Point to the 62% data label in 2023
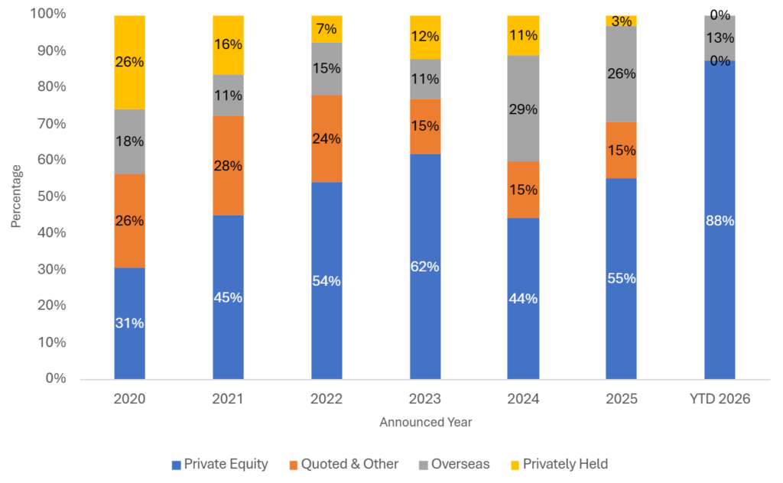[x=424, y=267]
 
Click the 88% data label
[x=720, y=221]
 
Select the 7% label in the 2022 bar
[x=327, y=29]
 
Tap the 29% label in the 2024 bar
[x=523, y=110]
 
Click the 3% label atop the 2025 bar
[x=622, y=21]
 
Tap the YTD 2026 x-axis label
[x=720, y=399]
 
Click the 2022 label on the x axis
[x=327, y=399]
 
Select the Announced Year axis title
[x=424, y=423]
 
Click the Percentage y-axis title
[x=16, y=196]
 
